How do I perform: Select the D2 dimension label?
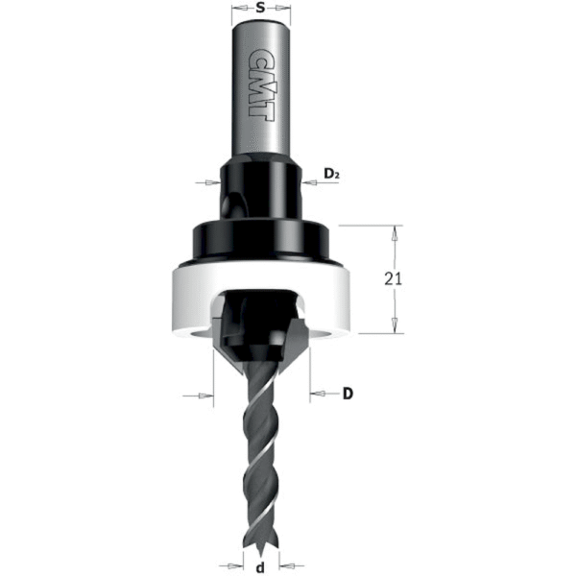[332, 174]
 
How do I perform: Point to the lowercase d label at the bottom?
[261, 566]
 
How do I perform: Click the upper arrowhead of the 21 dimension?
[393, 231]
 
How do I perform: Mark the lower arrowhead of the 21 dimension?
[393, 327]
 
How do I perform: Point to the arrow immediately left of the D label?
[316, 394]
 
